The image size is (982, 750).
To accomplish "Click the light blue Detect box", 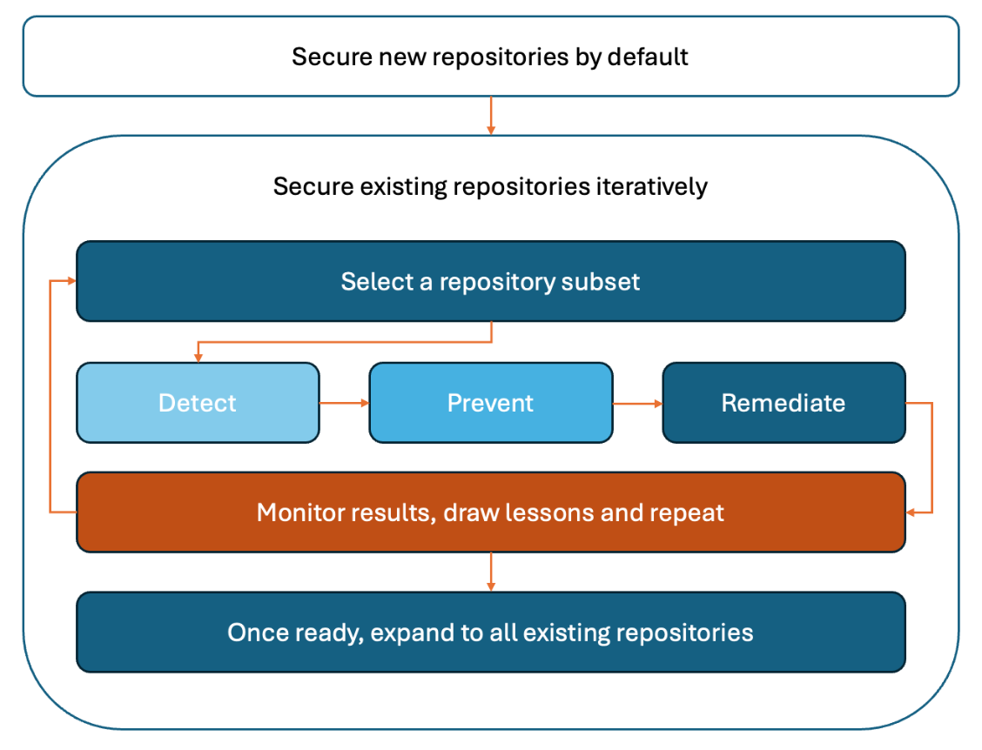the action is (198, 403).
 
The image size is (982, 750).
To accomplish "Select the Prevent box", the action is (491, 403).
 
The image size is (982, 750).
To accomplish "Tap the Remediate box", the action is (784, 403).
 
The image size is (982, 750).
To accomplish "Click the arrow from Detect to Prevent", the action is (345, 403).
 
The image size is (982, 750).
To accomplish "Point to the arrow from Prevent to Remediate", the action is (637, 404).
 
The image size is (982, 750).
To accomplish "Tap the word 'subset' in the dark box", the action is (601, 282).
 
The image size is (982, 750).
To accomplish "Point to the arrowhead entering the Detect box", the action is (198, 358).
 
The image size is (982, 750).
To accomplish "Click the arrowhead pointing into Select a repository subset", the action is (71, 281).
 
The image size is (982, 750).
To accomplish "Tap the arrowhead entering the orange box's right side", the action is (911, 512).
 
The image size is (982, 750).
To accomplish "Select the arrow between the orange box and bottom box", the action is (491, 572).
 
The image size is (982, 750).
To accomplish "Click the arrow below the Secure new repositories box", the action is (491, 116).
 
